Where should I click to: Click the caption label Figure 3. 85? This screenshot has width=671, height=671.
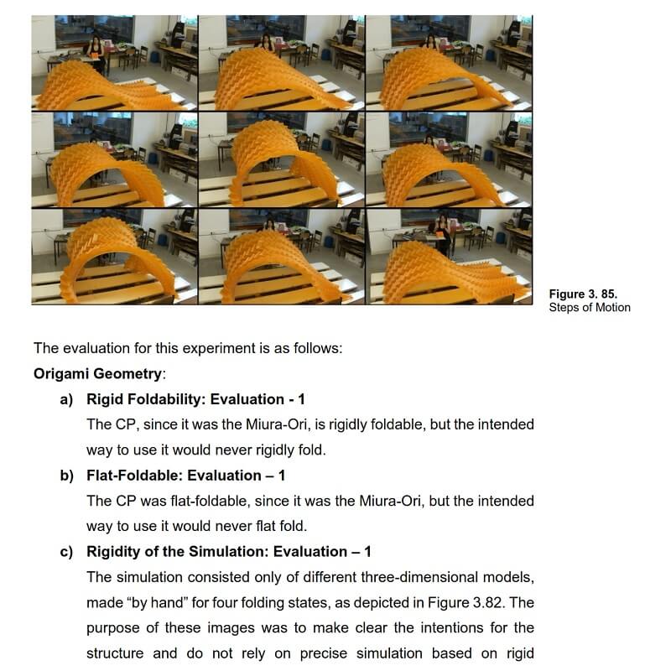point(583,294)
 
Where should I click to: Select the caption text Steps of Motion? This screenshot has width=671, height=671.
point(590,307)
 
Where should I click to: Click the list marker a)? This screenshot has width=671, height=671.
point(67,399)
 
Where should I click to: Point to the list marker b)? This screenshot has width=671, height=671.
point(67,476)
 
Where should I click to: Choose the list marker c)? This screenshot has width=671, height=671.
point(67,551)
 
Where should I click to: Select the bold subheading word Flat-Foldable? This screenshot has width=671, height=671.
point(133,476)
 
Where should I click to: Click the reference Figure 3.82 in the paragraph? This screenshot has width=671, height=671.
point(471,602)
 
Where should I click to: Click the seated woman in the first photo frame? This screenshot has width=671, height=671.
point(96,50)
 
